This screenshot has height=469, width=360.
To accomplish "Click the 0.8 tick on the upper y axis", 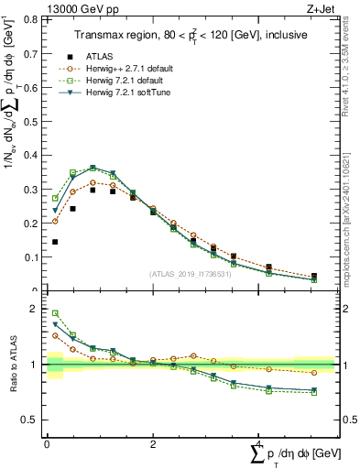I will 34,19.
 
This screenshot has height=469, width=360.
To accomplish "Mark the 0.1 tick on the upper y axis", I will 34,257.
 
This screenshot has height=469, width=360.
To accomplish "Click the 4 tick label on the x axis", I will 259,443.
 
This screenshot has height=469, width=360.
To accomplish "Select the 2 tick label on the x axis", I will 152,443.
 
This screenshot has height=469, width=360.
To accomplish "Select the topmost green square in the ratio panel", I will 55,313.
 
